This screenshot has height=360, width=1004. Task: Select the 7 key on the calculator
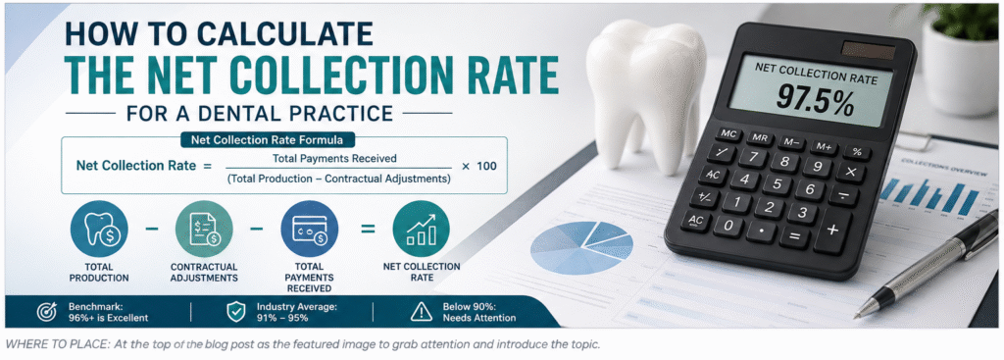(x=754, y=157)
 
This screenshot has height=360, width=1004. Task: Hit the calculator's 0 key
(x=728, y=226)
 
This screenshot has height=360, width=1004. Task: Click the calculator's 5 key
(x=777, y=185)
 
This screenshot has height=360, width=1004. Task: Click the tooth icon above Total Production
(x=99, y=230)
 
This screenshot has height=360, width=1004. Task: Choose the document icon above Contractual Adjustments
(x=204, y=230)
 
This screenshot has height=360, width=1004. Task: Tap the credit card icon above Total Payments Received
(x=310, y=230)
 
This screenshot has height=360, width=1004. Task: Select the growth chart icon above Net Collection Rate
(x=421, y=230)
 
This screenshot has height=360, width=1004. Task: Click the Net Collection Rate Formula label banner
(x=268, y=139)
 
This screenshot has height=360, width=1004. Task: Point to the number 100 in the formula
(x=486, y=166)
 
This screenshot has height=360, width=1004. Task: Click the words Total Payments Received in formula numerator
(x=334, y=158)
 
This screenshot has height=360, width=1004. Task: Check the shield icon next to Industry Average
(x=236, y=312)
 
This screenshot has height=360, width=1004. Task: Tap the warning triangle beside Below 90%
(x=421, y=312)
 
